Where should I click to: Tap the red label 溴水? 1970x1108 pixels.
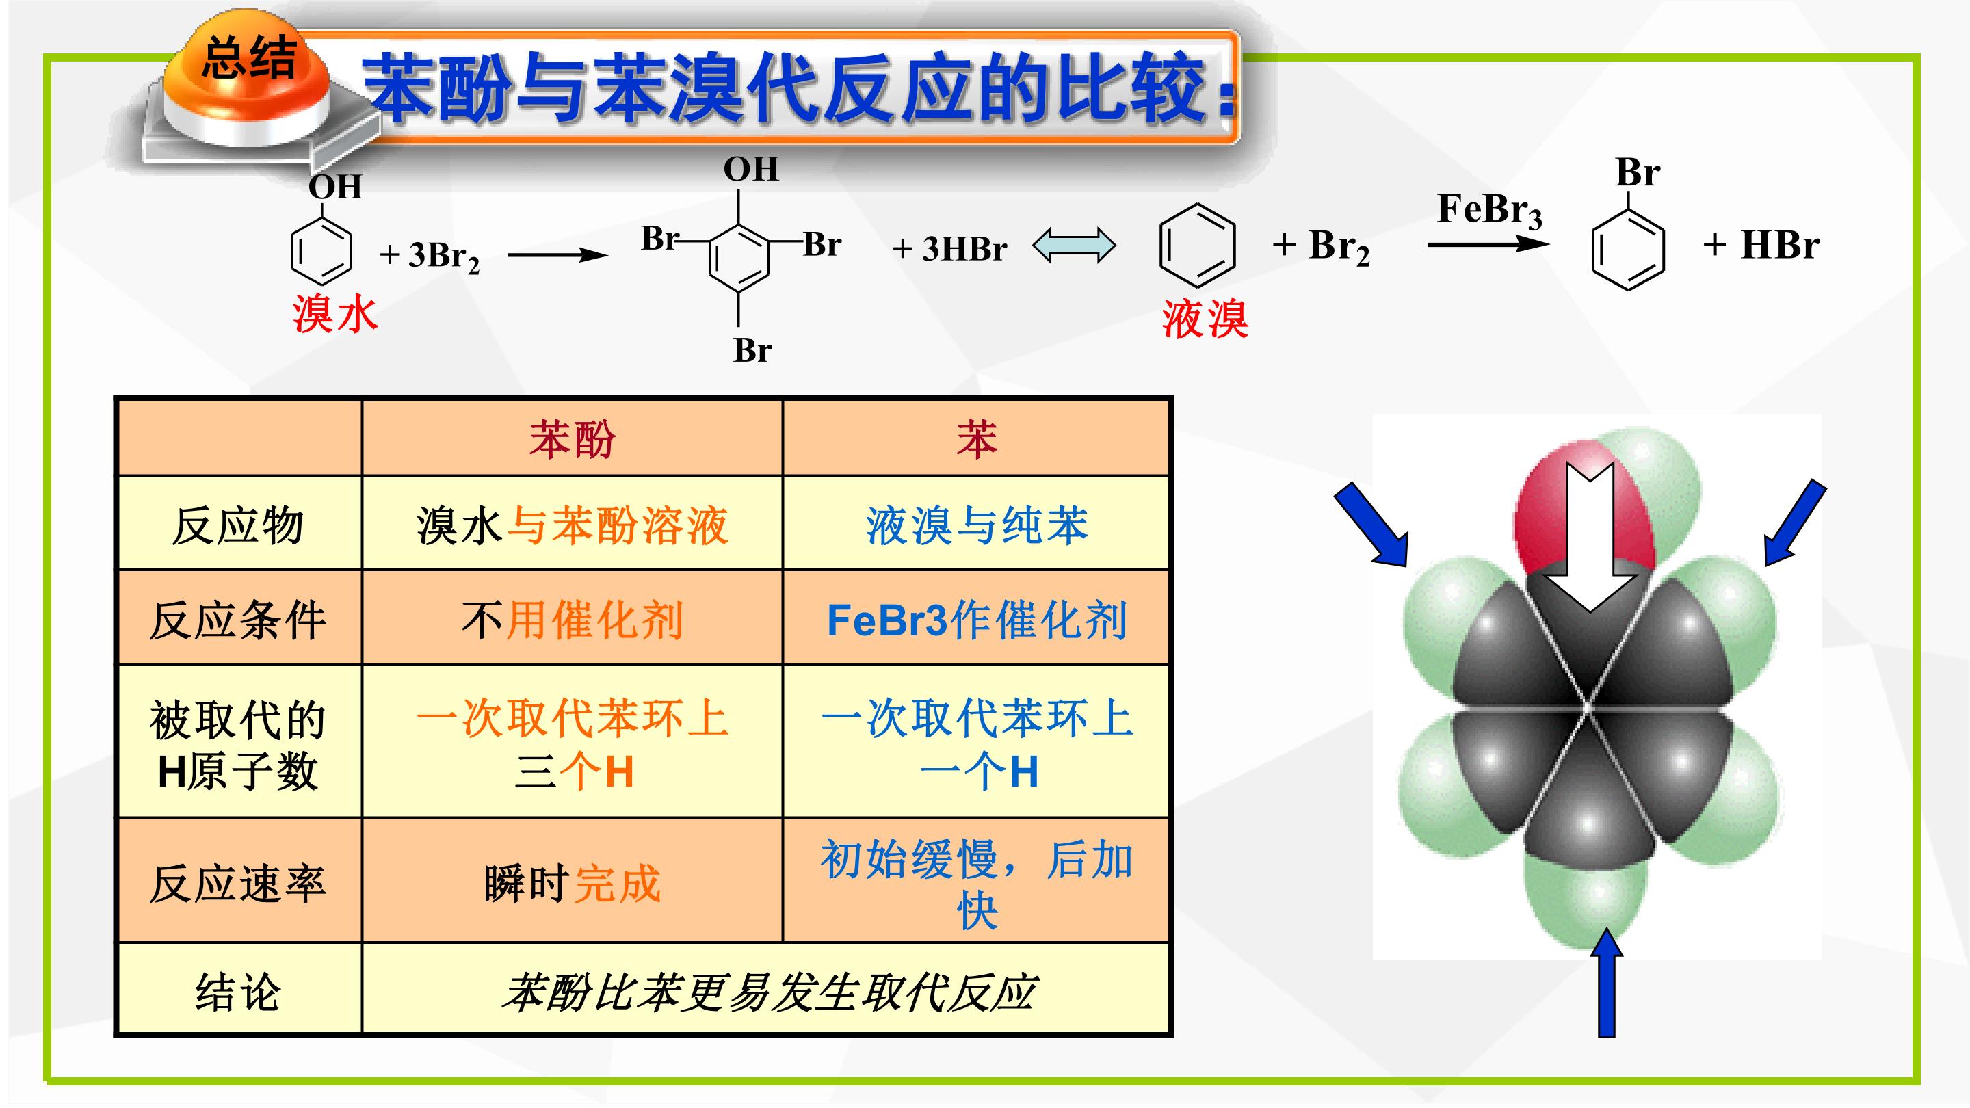(x=335, y=313)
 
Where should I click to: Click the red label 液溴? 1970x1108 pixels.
(x=1205, y=318)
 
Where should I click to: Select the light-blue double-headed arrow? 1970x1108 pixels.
(x=1075, y=246)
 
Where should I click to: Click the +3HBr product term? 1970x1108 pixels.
(x=950, y=248)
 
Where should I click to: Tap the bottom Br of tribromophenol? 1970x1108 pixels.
(x=752, y=350)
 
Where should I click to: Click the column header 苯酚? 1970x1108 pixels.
(x=572, y=440)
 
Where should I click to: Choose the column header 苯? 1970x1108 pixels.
(x=977, y=440)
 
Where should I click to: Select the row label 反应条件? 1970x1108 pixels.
(x=238, y=620)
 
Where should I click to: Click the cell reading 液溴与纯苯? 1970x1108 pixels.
(x=977, y=526)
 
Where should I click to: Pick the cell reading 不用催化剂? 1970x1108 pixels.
(x=572, y=620)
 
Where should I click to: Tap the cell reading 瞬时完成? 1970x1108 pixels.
(x=572, y=883)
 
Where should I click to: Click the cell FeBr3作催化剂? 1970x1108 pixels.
(x=977, y=620)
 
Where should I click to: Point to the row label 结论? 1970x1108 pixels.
(x=238, y=992)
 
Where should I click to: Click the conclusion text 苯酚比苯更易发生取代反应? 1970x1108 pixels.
(x=769, y=992)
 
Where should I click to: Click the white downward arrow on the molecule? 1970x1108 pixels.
(x=1589, y=540)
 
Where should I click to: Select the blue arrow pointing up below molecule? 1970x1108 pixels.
(x=1606, y=982)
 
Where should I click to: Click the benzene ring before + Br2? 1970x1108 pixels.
(x=1198, y=246)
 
